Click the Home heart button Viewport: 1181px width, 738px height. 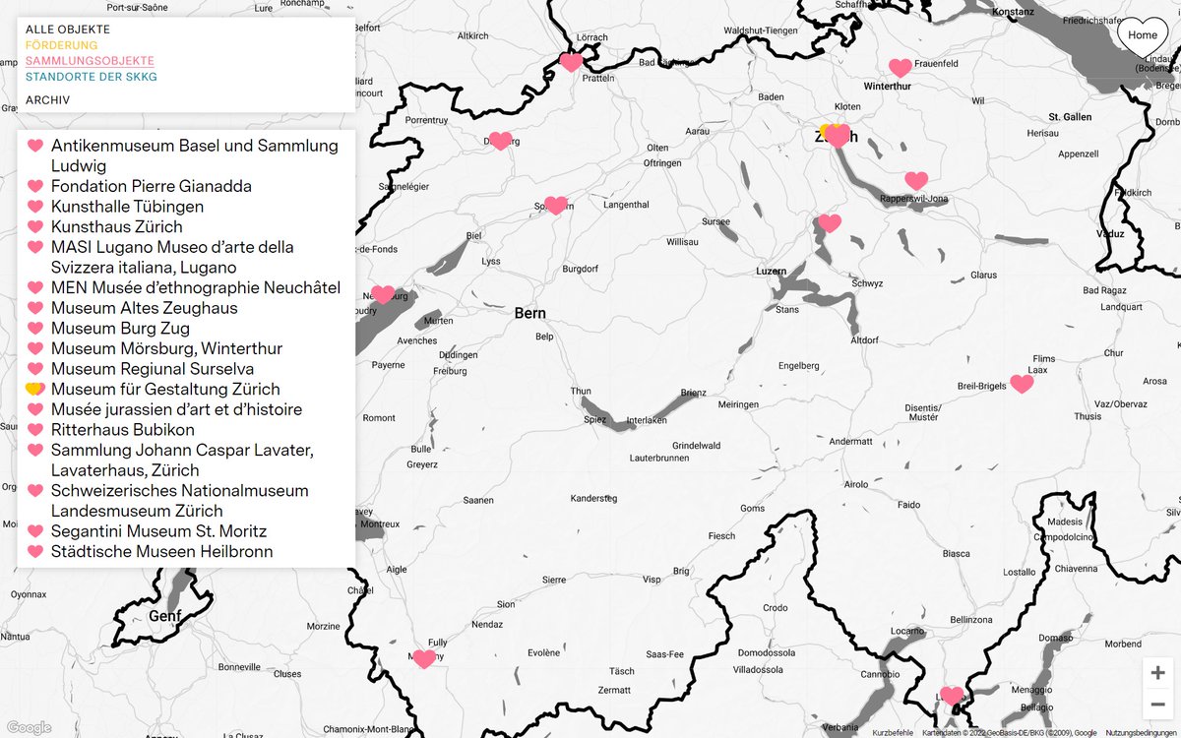tap(1143, 36)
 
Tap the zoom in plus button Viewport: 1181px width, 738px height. tap(1157, 673)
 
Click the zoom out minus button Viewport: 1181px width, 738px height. tap(1157, 704)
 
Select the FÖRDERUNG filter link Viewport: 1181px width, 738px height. tap(62, 45)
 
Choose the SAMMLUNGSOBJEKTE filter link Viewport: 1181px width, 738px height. tap(90, 61)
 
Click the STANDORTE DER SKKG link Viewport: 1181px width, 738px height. tap(92, 77)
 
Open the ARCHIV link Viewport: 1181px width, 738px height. tap(47, 100)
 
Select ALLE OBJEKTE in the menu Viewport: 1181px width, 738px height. tap(68, 30)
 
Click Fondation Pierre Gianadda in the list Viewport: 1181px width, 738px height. tap(152, 186)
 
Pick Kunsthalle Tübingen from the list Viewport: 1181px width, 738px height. tap(128, 207)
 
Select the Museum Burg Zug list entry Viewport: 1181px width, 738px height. tap(121, 329)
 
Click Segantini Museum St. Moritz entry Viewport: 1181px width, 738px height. tap(158, 531)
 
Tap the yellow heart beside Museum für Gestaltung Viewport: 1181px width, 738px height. tap(34, 390)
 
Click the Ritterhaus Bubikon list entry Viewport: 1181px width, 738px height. tap(123, 430)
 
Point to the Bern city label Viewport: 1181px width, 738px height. tap(529, 314)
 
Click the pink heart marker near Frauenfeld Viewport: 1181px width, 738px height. tap(900, 67)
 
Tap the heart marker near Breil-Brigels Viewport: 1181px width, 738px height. tap(1022, 384)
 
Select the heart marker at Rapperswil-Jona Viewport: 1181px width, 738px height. tap(916, 181)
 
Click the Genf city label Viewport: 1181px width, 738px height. tap(165, 616)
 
